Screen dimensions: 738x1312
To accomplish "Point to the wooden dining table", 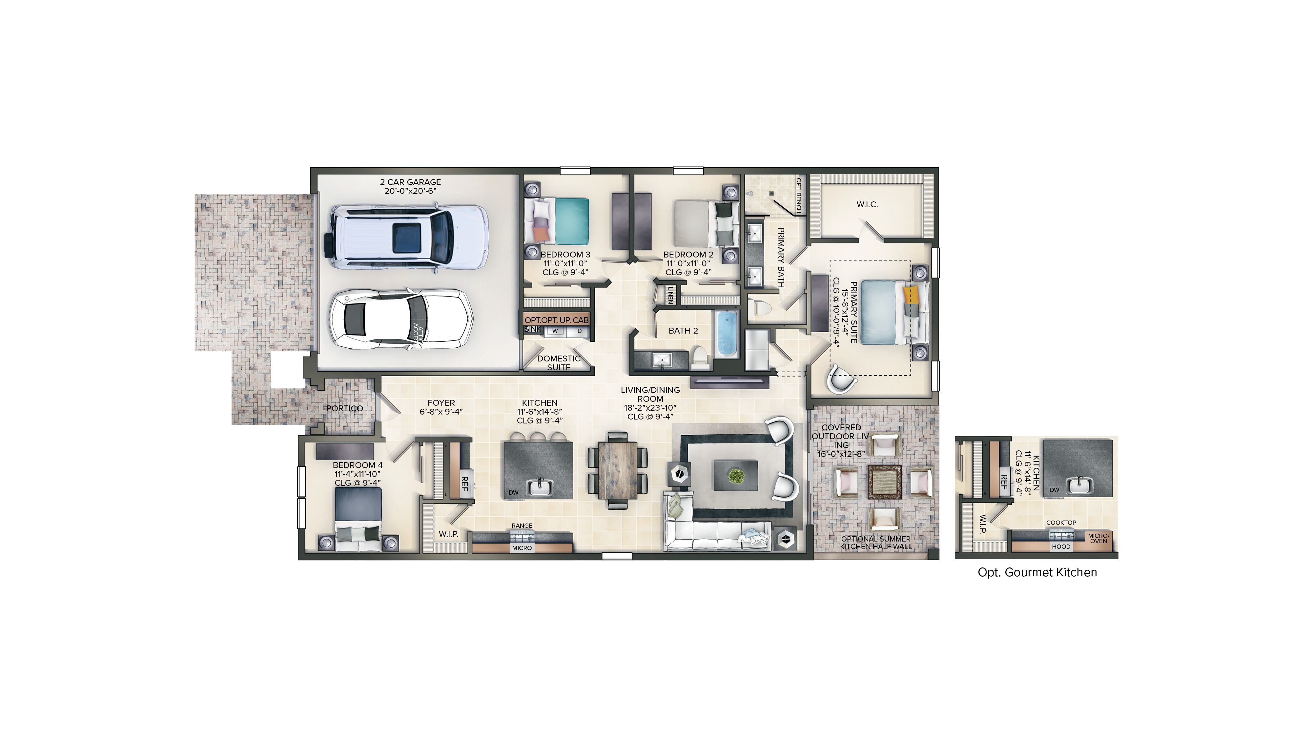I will click(x=617, y=470).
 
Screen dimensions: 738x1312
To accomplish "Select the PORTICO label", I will click(x=345, y=408).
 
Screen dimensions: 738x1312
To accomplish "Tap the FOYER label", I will click(x=441, y=403).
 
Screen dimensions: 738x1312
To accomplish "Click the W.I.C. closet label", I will click(x=867, y=205).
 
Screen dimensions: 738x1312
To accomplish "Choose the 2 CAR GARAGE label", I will click(x=411, y=182).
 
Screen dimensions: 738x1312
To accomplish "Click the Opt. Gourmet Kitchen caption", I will click(x=1037, y=572).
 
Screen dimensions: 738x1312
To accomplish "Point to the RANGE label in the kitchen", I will click(x=522, y=525).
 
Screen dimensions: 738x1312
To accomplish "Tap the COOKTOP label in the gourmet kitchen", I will click(x=1061, y=523).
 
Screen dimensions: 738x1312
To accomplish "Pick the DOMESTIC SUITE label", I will click(x=559, y=363).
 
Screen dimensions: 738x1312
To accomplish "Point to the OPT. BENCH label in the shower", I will click(x=798, y=196).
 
